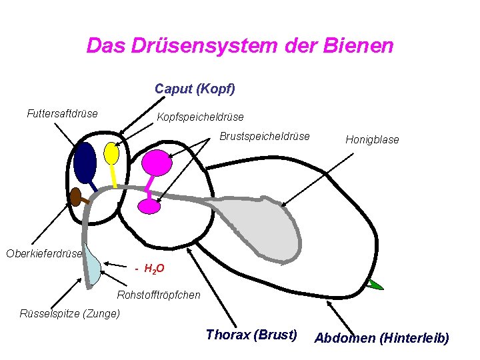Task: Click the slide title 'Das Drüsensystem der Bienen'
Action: (x=240, y=46)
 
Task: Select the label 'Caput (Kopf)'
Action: (x=195, y=88)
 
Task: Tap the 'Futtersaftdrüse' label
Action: (x=62, y=113)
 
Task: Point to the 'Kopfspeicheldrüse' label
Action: (x=200, y=118)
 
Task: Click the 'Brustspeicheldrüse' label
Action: (x=265, y=137)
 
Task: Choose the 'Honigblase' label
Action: (x=372, y=140)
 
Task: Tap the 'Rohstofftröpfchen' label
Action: (x=159, y=295)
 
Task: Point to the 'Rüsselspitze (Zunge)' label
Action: (x=70, y=313)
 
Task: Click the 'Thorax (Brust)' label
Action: (x=251, y=335)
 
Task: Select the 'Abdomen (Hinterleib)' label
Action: (x=381, y=338)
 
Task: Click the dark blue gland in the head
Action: (x=85, y=162)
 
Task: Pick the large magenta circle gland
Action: (x=157, y=162)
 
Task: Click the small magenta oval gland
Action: (x=149, y=206)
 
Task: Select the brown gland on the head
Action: (x=75, y=196)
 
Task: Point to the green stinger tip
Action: (x=375, y=285)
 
